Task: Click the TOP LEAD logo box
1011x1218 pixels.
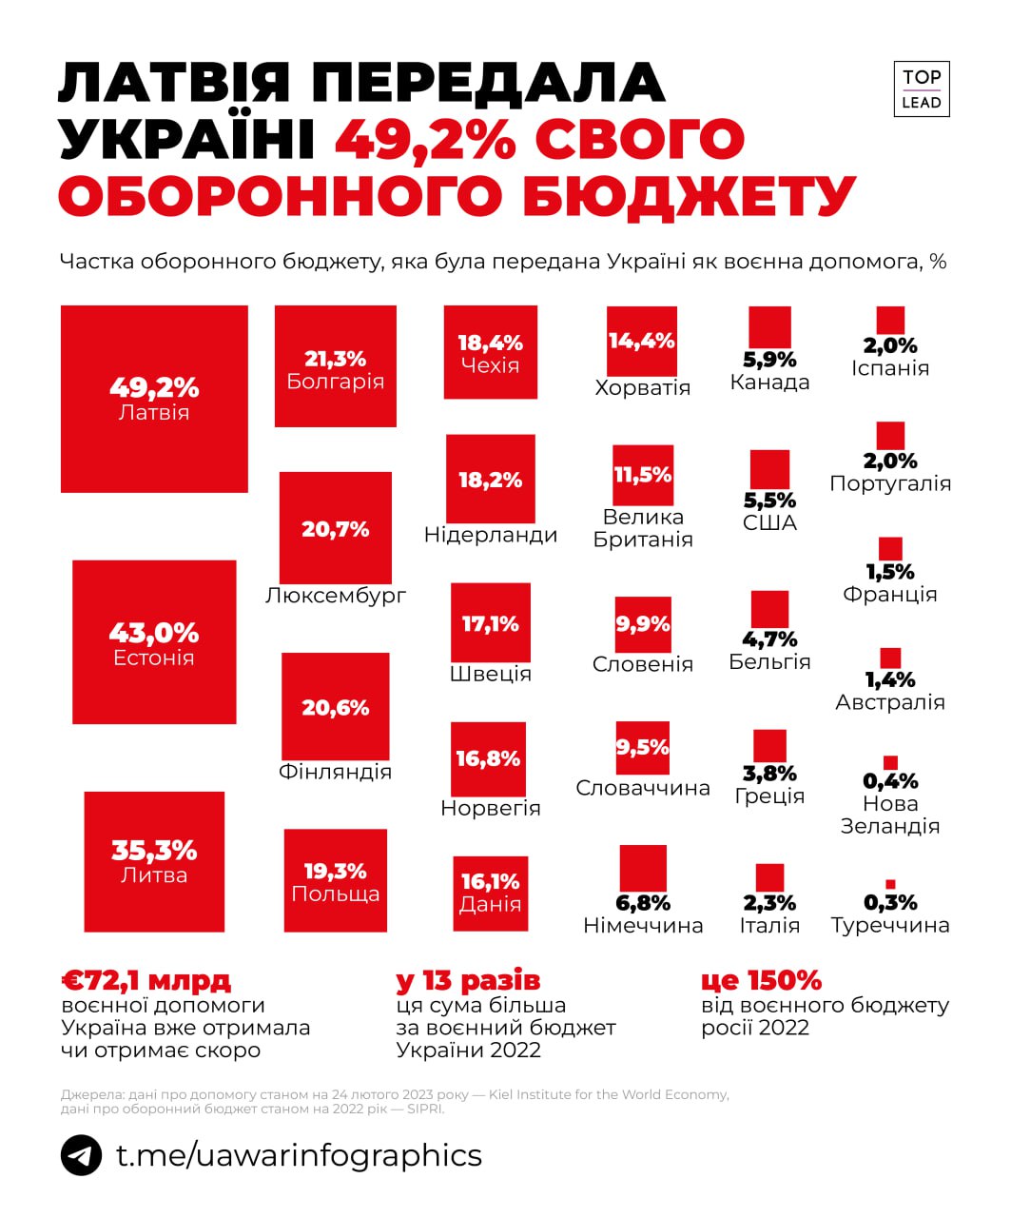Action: pos(921,89)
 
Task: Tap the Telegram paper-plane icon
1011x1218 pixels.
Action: pos(81,1155)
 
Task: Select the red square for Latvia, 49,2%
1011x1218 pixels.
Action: pos(154,399)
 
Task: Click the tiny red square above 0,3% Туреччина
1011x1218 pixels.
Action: pos(890,884)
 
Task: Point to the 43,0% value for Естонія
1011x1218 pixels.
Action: pos(154,633)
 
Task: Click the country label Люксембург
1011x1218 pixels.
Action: pos(336,596)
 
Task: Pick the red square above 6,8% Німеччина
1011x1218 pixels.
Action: pos(643,867)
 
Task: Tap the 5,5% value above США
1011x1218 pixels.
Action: pos(769,501)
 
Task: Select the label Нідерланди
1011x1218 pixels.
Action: pos(491,535)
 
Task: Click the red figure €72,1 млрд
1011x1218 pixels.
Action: pos(146,980)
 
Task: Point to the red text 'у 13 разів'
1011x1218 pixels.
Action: pos(468,980)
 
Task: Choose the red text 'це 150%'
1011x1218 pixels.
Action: pos(761,980)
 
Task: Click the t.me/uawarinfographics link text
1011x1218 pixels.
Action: pos(299,1155)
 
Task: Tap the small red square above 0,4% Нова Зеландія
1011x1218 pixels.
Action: pos(890,762)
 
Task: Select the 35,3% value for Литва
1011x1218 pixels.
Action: pos(154,850)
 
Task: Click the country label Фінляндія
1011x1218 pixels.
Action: pos(335,772)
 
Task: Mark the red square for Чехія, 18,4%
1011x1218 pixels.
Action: pos(491,352)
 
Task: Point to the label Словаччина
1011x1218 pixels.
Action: pos(643,788)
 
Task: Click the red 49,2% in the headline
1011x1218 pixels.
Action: pos(424,140)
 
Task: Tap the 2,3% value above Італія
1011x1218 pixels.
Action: pos(769,903)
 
